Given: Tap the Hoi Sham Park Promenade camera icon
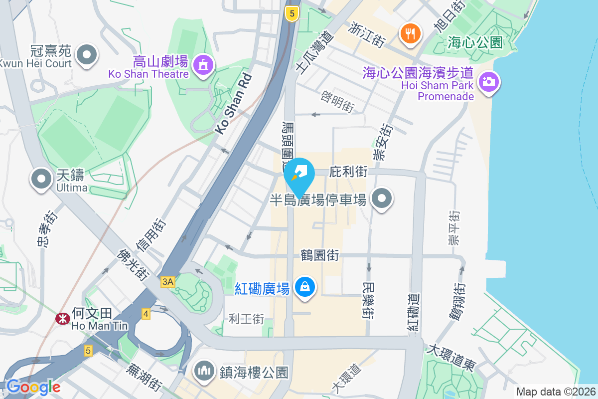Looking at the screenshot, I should pyautogui.click(x=488, y=81).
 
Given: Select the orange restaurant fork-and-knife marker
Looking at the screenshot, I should pyautogui.click(x=410, y=34).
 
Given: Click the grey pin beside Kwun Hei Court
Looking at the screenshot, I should pyautogui.click(x=87, y=55).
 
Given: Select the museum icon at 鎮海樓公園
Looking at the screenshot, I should pyautogui.click(x=204, y=371).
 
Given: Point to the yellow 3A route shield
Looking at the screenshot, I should pyautogui.click(x=168, y=282).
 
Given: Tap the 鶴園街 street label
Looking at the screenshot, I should pyautogui.click(x=319, y=255).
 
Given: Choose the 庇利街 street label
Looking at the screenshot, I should pyautogui.click(x=349, y=172).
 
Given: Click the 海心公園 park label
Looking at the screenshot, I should pyautogui.click(x=475, y=42).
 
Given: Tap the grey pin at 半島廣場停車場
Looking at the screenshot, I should pyautogui.click(x=382, y=199).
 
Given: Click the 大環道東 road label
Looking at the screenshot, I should pyautogui.click(x=450, y=357).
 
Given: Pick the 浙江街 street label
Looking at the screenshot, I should pyautogui.click(x=367, y=35).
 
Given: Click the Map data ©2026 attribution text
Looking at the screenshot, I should pyautogui.click(x=556, y=392).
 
